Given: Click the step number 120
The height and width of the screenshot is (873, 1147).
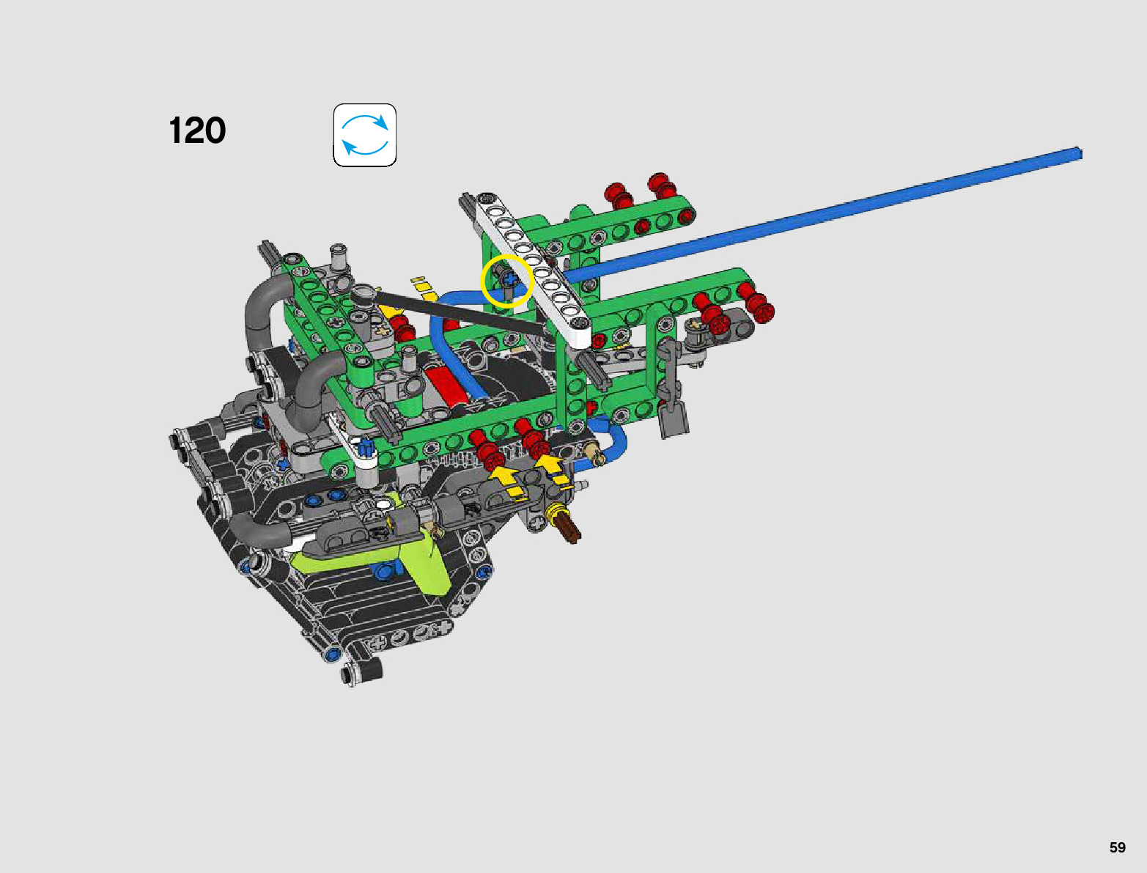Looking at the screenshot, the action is pyautogui.click(x=198, y=130).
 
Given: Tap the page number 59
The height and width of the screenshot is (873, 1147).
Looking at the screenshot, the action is pyautogui.click(x=1117, y=847).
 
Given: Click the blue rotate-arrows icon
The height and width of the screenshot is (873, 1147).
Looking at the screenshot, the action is pyautogui.click(x=365, y=136).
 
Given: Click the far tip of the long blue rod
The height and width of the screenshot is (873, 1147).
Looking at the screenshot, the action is pyautogui.click(x=1079, y=153).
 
